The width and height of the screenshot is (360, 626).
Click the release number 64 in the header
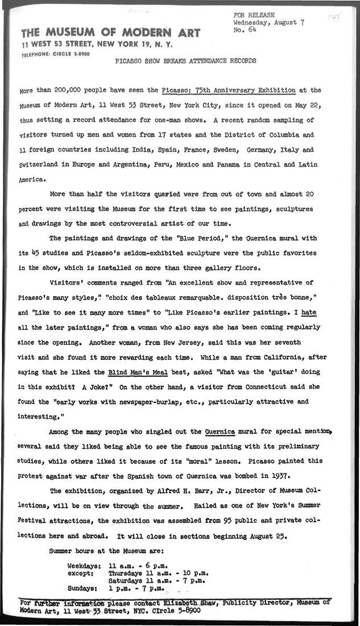tap(248, 30)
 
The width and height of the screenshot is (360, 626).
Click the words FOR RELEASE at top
tap(253, 15)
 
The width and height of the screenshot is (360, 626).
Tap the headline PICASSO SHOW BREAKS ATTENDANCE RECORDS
tap(185, 60)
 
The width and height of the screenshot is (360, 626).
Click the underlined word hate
tap(309, 312)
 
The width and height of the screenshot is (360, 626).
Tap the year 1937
tap(282, 475)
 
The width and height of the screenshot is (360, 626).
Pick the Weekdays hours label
tap(84, 566)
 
